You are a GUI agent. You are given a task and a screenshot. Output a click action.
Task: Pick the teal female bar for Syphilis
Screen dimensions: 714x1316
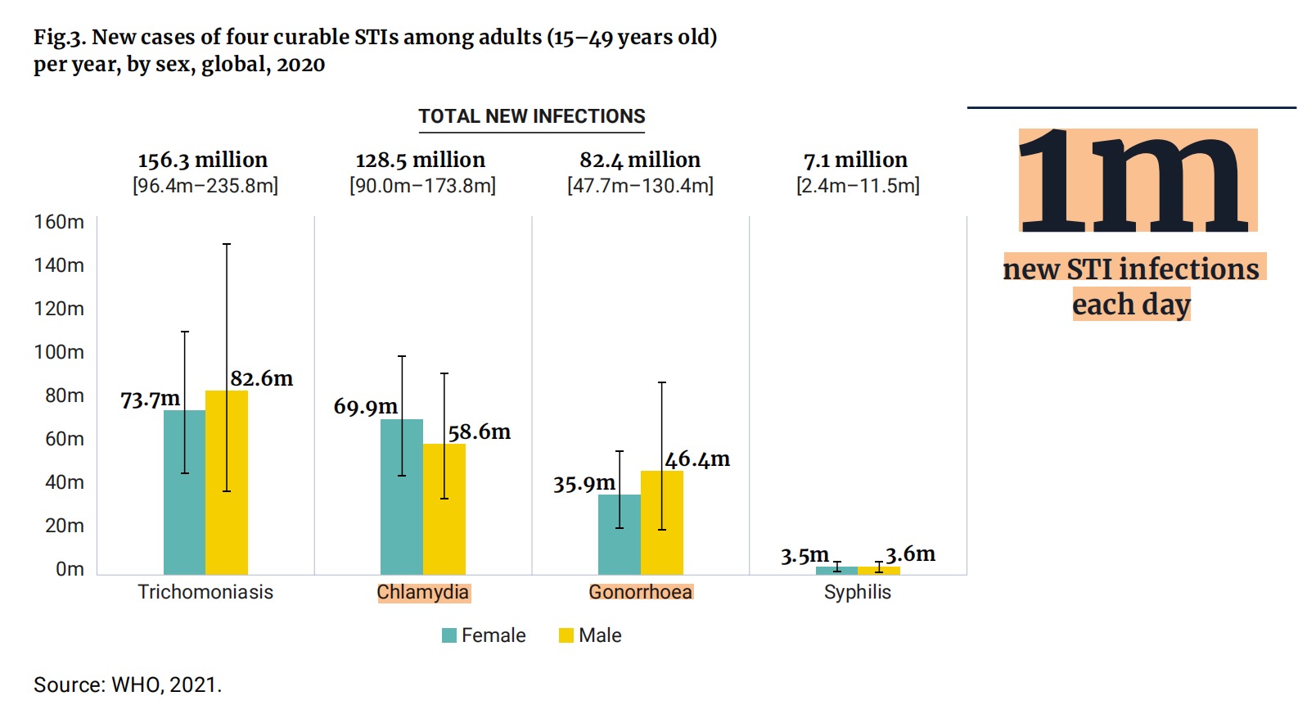[836, 570]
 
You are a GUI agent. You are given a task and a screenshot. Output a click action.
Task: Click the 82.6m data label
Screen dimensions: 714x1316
[261, 378]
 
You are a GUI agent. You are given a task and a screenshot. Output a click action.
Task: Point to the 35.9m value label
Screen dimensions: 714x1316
[584, 484]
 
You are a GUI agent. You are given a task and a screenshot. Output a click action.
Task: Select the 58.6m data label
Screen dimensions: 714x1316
[479, 432]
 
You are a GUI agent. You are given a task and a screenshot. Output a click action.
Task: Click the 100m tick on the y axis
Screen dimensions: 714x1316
[59, 352]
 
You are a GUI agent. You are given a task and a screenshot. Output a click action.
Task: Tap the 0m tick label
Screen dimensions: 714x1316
[70, 569]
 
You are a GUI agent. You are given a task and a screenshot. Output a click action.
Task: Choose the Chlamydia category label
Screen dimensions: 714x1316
[423, 592]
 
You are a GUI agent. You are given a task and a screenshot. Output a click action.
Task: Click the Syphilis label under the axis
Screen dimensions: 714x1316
[857, 592]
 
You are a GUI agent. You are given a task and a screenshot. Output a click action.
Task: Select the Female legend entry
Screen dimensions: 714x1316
[484, 635]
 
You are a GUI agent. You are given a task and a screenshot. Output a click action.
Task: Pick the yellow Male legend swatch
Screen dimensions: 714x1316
[566, 635]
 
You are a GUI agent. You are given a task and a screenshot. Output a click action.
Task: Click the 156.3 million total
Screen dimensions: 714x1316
[203, 160]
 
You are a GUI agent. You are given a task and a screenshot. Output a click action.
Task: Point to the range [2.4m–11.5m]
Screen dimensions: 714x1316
[858, 186]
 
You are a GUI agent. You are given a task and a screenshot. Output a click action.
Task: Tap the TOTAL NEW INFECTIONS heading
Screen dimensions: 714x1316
[532, 116]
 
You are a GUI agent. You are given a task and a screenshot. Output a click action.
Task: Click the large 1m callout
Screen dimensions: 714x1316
[1136, 181]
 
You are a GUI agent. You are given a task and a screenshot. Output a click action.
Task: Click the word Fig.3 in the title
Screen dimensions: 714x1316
[59, 38]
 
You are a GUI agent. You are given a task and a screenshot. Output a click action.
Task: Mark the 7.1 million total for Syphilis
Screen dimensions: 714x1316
[856, 160]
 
